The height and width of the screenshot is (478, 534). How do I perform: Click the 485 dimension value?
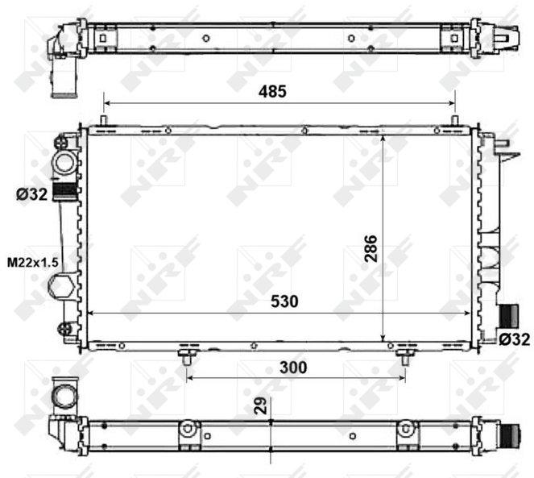pyautogui.click(x=272, y=91)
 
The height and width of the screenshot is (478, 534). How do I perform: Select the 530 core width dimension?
pyautogui.click(x=284, y=301)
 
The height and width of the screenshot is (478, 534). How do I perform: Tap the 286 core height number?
pyautogui.click(x=370, y=248)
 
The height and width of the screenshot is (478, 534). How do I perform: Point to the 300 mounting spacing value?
pyautogui.click(x=293, y=368)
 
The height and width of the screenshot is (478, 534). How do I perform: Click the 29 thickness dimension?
pyautogui.click(x=261, y=405)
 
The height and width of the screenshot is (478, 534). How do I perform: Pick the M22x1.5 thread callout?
pyautogui.click(x=33, y=263)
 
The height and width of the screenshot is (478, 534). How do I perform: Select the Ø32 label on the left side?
pyautogui.click(x=31, y=195)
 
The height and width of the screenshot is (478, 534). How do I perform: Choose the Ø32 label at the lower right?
pyautogui.click(x=515, y=339)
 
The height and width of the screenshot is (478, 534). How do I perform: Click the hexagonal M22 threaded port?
pyautogui.click(x=62, y=285)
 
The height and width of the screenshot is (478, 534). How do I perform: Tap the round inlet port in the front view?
pyautogui.click(x=64, y=163)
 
